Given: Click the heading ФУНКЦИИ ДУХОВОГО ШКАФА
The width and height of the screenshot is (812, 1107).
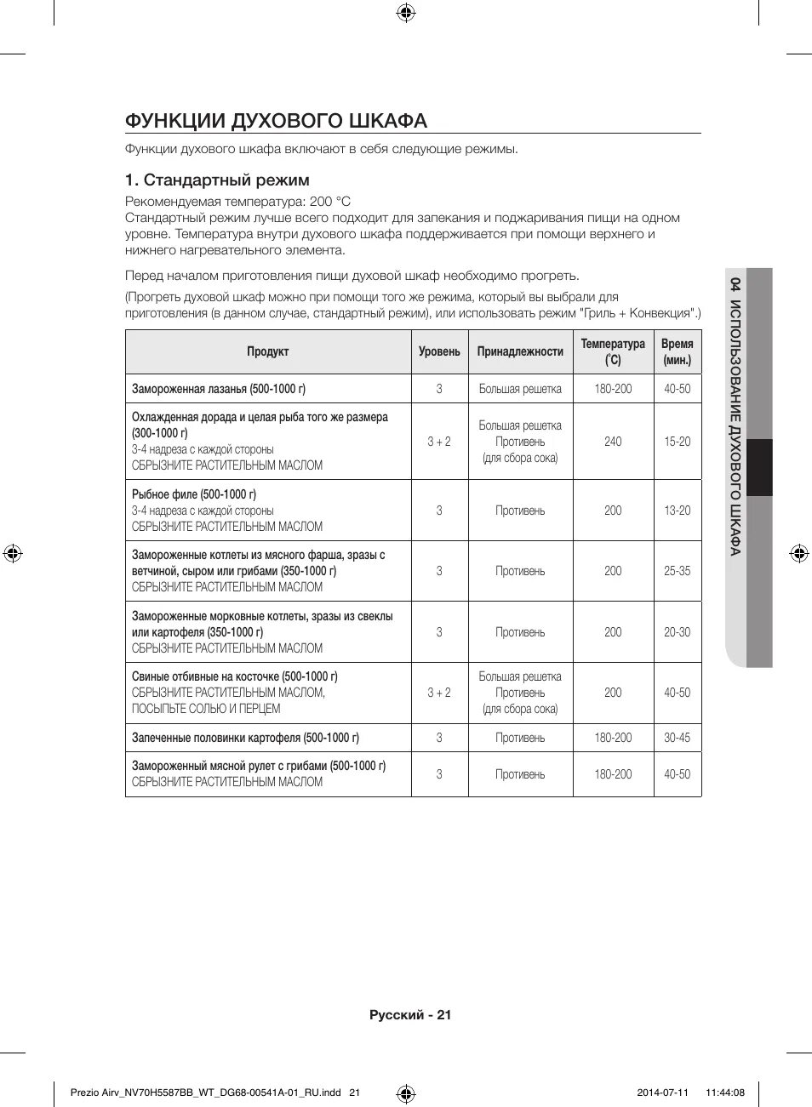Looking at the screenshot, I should pos(276,121).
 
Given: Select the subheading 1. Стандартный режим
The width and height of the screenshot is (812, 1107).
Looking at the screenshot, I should pos(217,180).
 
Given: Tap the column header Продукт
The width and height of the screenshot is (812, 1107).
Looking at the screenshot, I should pos(268,351).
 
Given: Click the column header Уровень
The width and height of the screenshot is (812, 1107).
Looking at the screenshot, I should pos(439,351).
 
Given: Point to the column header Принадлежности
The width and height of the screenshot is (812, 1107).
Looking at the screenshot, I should pos(520,351).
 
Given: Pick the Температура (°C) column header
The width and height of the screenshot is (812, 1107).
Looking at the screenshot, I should pos(613,351).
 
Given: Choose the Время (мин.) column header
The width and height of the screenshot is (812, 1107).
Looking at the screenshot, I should pos(678,351).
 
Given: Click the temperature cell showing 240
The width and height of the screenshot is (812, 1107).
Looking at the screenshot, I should pos(613,442).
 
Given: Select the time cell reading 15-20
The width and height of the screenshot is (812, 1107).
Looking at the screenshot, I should pos(678,442).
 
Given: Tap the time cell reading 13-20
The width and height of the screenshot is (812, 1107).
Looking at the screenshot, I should pos(678,511).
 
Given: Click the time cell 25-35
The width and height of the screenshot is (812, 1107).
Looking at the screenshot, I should pos(678,571).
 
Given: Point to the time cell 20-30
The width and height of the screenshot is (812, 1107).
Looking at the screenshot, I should pos(678,632).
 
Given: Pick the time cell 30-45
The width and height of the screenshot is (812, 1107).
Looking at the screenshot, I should pos(678,738).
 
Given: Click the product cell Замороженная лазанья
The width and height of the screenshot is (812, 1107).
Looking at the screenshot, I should pos(219,389).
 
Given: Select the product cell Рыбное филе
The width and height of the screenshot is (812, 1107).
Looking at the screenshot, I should pos(194,494).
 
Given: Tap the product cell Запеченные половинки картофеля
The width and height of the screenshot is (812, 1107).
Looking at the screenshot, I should pos(245,738).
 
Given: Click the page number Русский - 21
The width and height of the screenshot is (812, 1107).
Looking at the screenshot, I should pos(410,1014).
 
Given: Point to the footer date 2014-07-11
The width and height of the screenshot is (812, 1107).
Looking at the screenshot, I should pos(662,1093).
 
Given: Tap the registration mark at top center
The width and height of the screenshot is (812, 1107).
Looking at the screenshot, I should pos(406,12).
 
